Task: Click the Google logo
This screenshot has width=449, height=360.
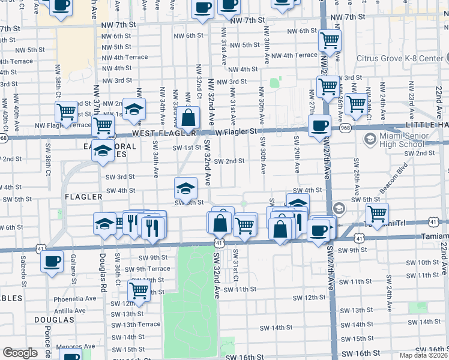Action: pyautogui.click(x=20, y=353)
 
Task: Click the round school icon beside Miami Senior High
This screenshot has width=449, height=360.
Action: pyautogui.click(x=369, y=139)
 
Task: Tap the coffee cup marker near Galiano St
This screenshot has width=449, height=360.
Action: pyautogui.click(x=52, y=262)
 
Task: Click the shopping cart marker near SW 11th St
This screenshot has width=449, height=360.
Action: pyautogui.click(x=139, y=291)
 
